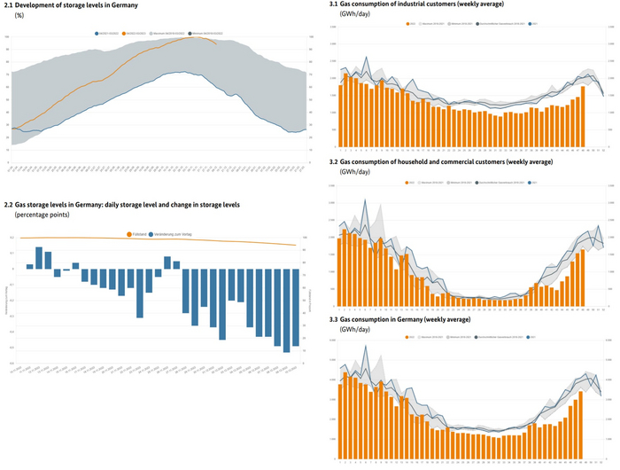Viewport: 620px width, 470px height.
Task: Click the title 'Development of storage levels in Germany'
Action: coord(75,6)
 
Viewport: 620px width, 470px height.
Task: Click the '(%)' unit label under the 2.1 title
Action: coord(19,15)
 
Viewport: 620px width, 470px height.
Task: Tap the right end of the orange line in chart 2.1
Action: coord(216,43)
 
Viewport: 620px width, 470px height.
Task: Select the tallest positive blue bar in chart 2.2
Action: coord(39,257)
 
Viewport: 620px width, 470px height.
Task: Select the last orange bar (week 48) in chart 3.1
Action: coord(584,116)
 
